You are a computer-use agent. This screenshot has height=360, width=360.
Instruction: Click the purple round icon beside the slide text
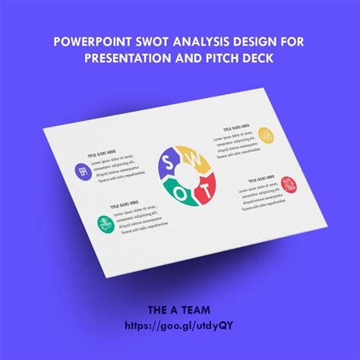pos(81,171)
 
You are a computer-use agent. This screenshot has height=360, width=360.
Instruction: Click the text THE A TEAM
pos(179,310)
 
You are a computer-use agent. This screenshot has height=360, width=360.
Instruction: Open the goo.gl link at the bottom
pos(179,324)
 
